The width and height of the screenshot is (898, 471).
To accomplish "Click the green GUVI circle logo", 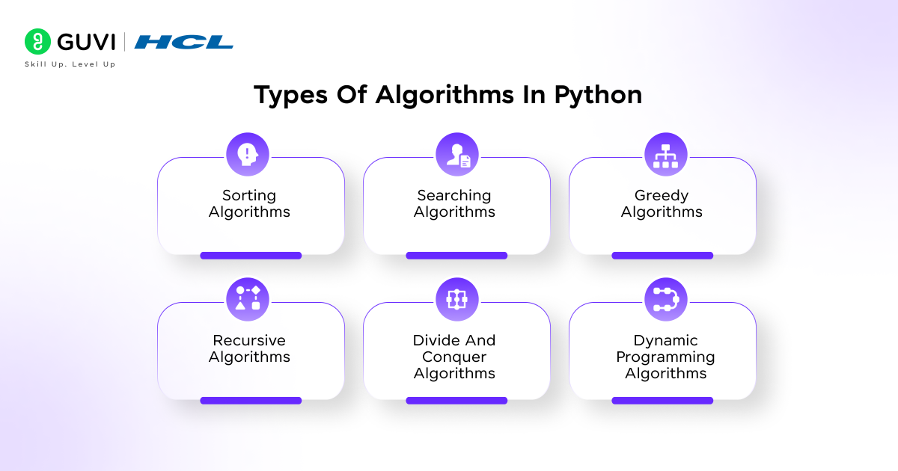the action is coord(37,41).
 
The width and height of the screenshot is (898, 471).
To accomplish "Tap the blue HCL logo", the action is coord(183,42).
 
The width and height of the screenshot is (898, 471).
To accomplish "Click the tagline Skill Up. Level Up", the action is coord(70,64).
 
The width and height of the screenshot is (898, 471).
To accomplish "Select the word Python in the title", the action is coord(598,96).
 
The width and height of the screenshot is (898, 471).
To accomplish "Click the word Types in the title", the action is coord(290,96).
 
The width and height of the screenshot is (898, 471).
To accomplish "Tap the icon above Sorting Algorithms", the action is coord(248,154).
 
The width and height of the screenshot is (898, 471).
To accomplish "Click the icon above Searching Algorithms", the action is coord(457,154).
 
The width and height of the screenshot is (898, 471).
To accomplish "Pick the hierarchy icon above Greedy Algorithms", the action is coord(666,154).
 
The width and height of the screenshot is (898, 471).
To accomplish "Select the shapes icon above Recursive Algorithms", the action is coord(248,299).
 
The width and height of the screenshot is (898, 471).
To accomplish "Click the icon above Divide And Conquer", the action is coord(457,299).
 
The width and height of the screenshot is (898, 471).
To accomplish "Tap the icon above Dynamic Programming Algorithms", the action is coord(666,299).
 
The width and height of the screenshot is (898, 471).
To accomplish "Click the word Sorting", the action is coord(249,196).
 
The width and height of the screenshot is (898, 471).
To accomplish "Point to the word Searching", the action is coord(454,196).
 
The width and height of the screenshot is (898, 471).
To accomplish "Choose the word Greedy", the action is coord(662,196).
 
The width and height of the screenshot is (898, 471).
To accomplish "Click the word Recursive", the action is coord(249,340).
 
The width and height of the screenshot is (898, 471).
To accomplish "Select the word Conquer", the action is coord(454,357).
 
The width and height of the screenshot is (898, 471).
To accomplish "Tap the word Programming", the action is coord(665,357).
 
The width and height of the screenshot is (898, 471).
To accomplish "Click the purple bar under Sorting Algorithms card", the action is coord(251,256).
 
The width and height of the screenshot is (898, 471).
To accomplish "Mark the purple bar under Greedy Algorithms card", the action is coord(662,256).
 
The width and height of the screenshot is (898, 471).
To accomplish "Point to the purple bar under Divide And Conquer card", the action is coord(456,401).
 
